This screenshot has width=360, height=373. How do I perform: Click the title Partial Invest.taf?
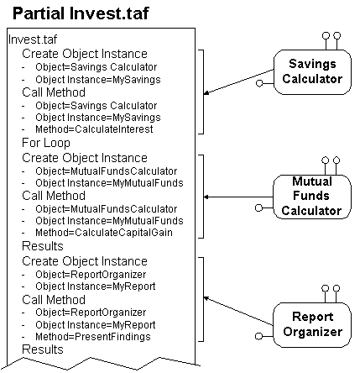pyautogui.click(x=81, y=13)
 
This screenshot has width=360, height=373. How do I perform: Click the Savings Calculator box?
pyautogui.click(x=312, y=72)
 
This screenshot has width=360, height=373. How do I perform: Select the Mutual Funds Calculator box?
pyautogui.click(x=312, y=197)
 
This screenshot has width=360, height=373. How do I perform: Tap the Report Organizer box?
pyautogui.click(x=312, y=324)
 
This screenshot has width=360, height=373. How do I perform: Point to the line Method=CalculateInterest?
pyautogui.click(x=94, y=129)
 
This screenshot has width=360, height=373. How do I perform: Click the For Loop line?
pyautogui.click(x=46, y=143)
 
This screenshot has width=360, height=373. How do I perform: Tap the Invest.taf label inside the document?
pyautogui.click(x=33, y=39)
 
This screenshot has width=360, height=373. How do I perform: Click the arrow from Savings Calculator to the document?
pyautogui.click(x=238, y=81)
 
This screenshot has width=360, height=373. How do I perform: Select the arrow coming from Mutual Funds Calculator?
pyautogui.click(x=238, y=197)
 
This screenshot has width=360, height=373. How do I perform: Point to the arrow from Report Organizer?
pyautogui.click(x=238, y=311)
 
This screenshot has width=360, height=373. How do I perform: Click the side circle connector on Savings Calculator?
pyautogui.click(x=259, y=83)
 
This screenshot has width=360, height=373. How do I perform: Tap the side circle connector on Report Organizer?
pyautogui.click(x=258, y=336)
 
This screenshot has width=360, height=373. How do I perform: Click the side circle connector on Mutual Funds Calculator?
pyautogui.click(x=258, y=208)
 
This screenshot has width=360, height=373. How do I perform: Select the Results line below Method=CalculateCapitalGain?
pyautogui.click(x=43, y=246)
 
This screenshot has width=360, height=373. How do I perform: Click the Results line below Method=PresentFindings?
pyautogui.click(x=43, y=349)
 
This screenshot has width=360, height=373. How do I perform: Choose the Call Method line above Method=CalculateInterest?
pyautogui.click(x=54, y=92)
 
